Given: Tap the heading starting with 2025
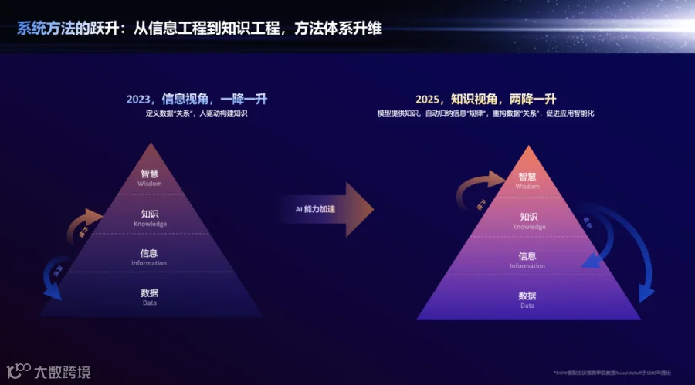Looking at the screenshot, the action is point(486,100).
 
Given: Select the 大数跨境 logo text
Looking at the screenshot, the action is point(62,372).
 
